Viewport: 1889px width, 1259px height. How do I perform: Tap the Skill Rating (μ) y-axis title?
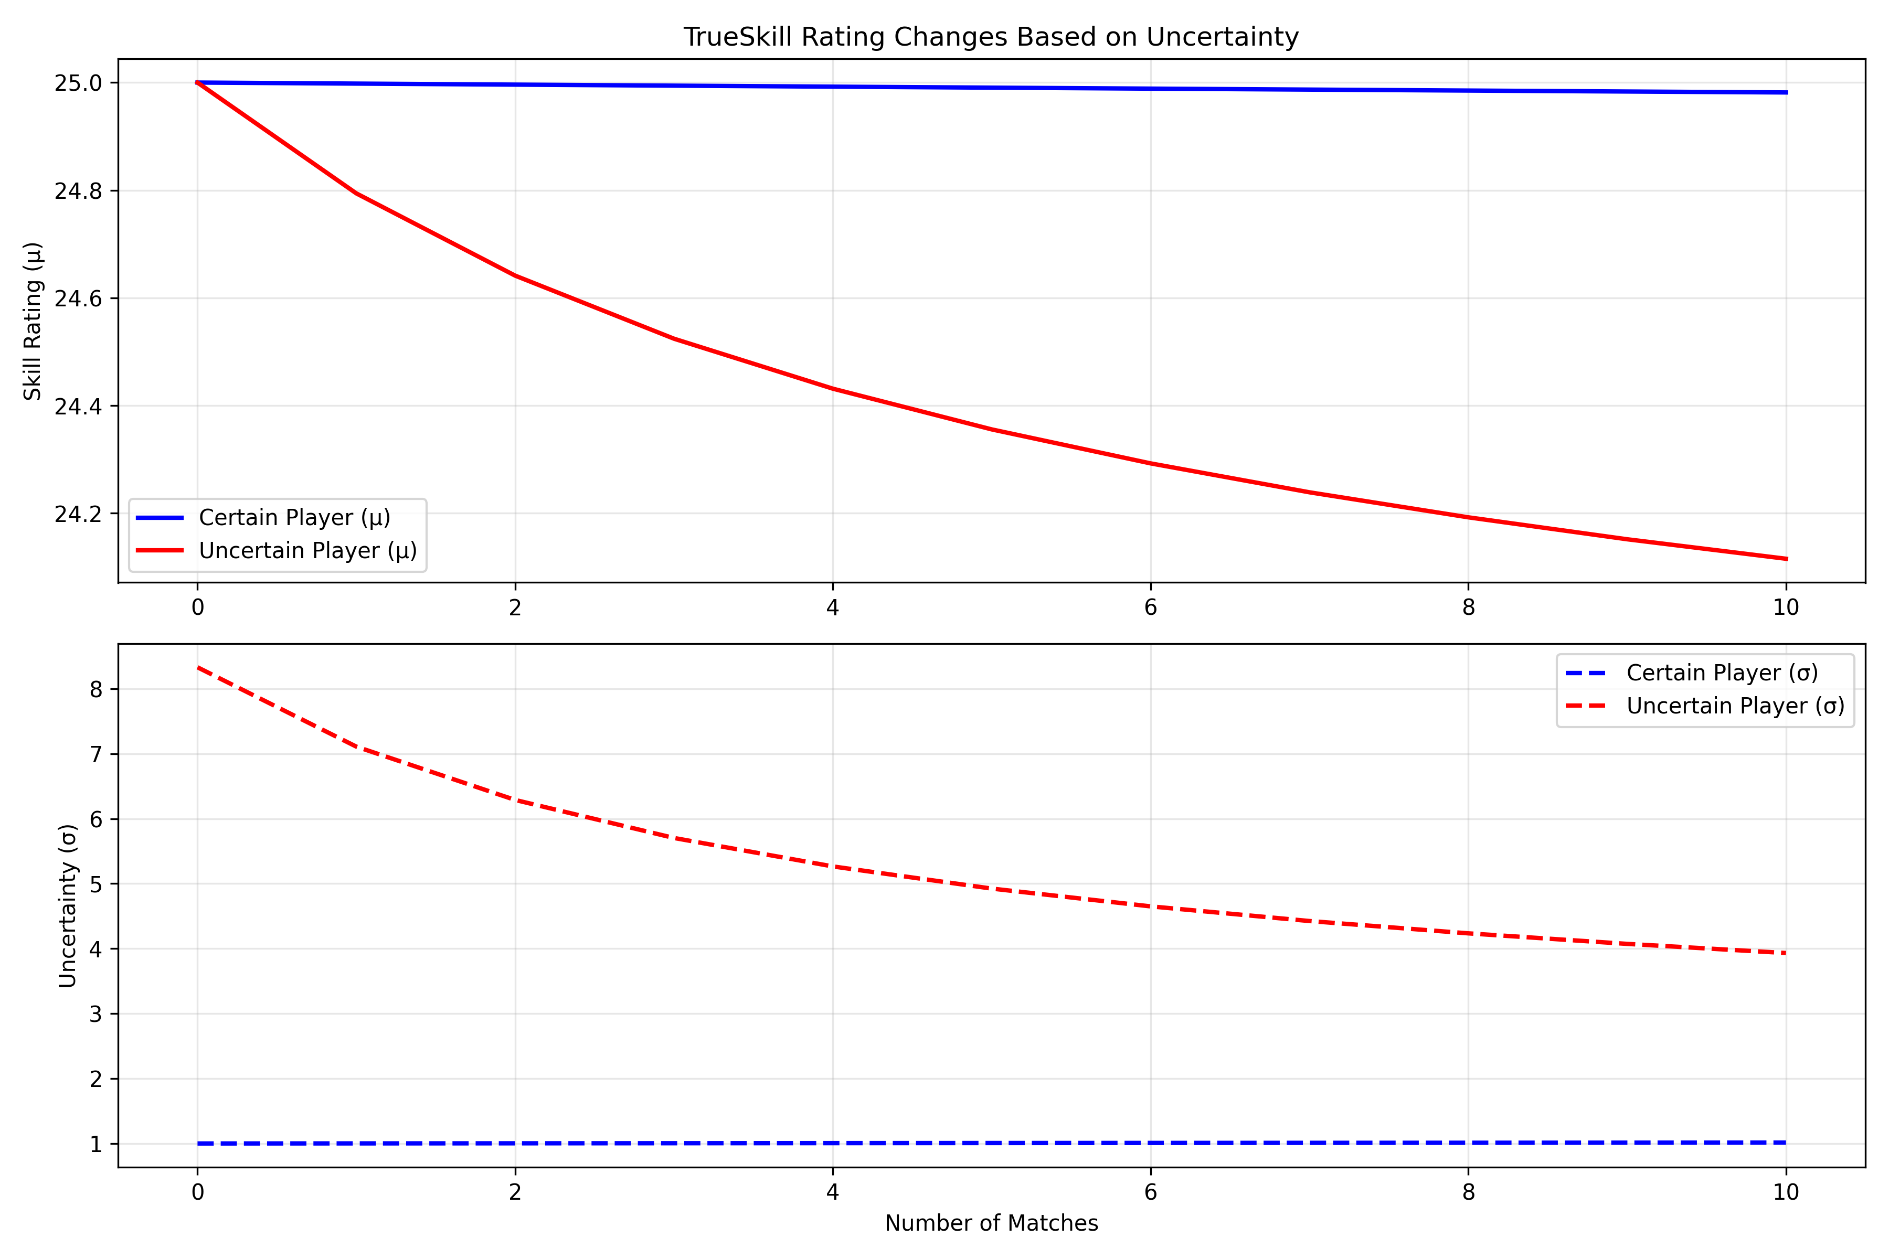(x=33, y=321)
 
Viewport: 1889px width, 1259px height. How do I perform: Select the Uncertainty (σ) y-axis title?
(x=68, y=906)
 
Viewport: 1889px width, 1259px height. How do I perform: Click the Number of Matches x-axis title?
(x=991, y=1223)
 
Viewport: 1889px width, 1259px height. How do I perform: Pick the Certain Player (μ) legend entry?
(x=294, y=518)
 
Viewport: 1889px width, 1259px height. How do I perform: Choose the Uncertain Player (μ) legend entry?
(x=307, y=551)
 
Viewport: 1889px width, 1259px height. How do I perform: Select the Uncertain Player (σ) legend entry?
(x=1735, y=706)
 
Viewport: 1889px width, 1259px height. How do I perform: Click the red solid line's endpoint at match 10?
(x=1786, y=559)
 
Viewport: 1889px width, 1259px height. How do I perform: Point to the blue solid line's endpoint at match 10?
(x=1786, y=92)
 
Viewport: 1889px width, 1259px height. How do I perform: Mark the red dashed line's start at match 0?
(x=198, y=667)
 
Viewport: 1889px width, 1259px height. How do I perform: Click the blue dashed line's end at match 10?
(x=1786, y=1142)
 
